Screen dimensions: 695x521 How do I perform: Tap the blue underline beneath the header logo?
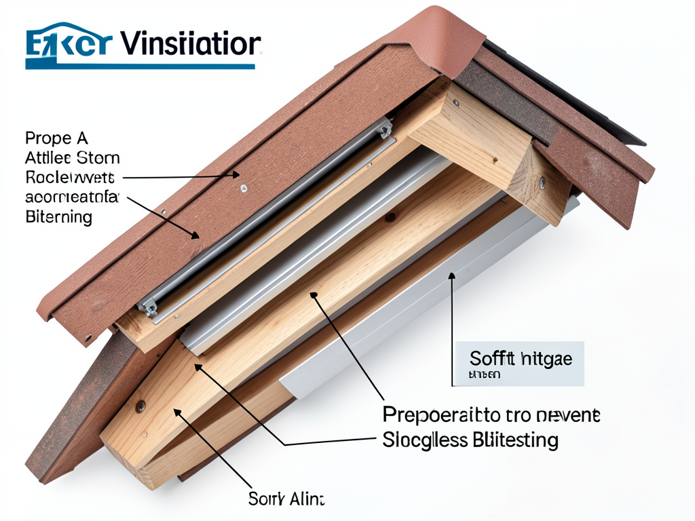140,66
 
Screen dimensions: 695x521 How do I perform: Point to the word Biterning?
58,218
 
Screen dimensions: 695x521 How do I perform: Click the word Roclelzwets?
69,178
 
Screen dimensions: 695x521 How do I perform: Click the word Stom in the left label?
98,159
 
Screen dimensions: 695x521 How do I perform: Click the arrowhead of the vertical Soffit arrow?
451,277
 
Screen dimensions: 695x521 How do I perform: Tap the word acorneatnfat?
72,198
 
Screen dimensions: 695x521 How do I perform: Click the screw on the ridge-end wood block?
542,181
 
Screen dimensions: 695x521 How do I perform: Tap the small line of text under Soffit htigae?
485,374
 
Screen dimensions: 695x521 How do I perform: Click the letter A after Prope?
82,139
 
